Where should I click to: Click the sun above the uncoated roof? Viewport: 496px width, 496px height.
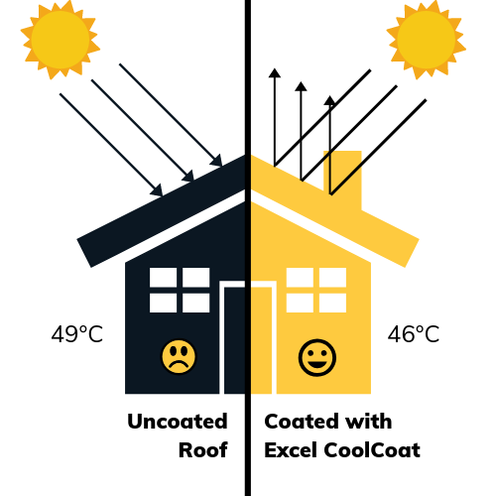coord(61,40)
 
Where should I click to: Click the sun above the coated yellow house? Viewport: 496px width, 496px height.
coord(427,40)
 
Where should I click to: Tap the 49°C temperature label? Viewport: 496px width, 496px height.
coord(77,334)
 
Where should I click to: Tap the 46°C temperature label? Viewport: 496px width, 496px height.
coord(414,334)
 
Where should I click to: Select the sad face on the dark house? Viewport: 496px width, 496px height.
coord(179,357)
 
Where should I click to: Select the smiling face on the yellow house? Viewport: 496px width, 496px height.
coord(317,357)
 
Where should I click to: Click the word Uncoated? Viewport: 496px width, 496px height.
coord(178,422)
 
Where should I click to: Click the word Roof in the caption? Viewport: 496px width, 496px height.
coord(203,450)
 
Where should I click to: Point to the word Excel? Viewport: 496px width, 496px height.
coord(292,450)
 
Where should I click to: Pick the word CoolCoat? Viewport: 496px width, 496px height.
coord(372,450)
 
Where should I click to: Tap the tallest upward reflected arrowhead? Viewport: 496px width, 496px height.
coord(275,73)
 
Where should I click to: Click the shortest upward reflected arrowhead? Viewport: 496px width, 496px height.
coord(329,100)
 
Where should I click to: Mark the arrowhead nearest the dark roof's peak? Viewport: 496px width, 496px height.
coord(216,160)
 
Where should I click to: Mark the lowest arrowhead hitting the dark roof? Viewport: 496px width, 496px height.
coord(157,190)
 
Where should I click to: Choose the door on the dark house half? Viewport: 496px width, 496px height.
coord(234,340)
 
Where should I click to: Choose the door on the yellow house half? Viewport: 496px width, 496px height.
coord(262,340)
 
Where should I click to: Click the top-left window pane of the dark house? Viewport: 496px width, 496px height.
coord(163,278)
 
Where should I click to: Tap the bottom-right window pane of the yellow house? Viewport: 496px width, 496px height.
coord(332,303)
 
